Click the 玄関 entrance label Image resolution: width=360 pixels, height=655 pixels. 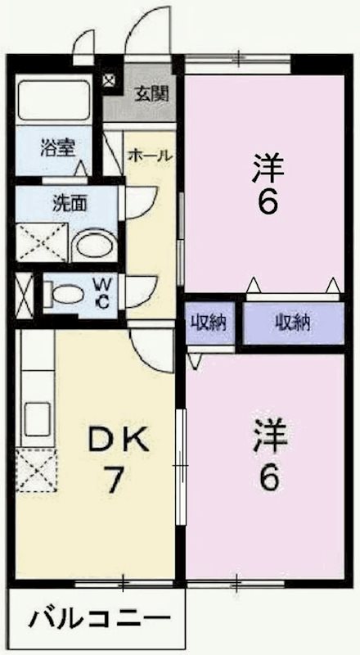click(152, 93)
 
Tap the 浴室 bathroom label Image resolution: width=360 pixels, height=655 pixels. click(58, 149)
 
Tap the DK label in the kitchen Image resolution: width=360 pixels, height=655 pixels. click(119, 441)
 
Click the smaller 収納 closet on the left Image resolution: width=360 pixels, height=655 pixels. click(209, 323)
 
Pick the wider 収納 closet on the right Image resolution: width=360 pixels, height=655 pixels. click(292, 323)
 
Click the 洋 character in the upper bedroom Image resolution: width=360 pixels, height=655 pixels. click(268, 169)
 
